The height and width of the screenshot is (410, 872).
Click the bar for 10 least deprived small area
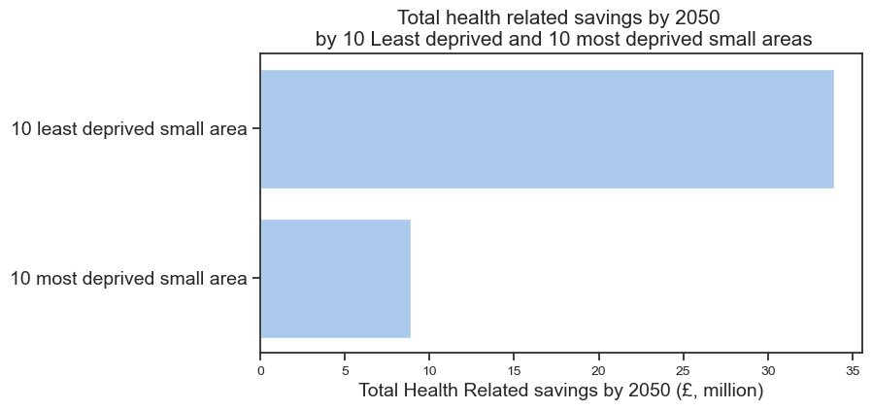point(547,129)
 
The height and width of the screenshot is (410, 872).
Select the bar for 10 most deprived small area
point(335,279)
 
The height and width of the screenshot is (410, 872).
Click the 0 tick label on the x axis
point(260,369)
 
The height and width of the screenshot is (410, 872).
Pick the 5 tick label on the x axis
point(345,369)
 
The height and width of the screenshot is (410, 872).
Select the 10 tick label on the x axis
point(429,369)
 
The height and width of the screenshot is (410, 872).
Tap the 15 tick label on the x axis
point(515,369)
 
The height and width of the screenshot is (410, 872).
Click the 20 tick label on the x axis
point(599,369)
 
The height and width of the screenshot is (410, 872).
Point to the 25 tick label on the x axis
point(684,369)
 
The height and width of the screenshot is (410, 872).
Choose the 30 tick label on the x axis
point(768,369)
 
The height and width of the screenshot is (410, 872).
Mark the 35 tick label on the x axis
point(853,369)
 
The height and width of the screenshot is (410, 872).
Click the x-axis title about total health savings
point(561,391)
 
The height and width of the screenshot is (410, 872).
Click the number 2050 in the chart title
point(698,17)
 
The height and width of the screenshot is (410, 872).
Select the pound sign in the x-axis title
point(664,391)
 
